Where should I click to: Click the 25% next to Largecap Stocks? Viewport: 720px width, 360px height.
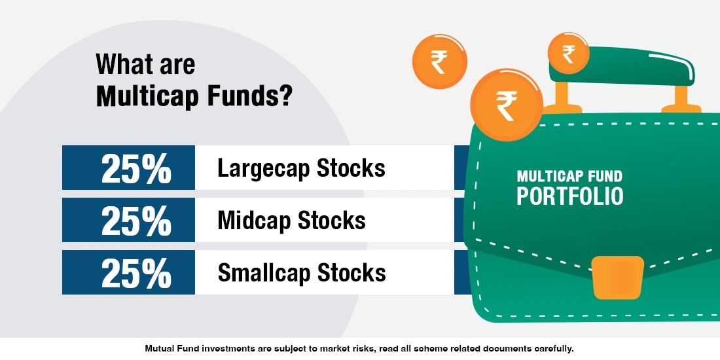[x=135, y=168]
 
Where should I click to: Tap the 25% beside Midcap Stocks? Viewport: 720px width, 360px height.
[x=135, y=221]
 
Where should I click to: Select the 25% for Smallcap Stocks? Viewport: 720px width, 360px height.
[x=135, y=272]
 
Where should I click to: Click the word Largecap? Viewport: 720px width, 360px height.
[x=264, y=168]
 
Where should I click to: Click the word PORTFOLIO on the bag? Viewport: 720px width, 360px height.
[x=569, y=196]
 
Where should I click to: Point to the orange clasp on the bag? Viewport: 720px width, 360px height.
[x=617, y=277]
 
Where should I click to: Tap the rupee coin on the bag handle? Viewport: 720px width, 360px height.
[x=567, y=54]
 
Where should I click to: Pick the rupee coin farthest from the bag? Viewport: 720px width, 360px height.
[x=439, y=63]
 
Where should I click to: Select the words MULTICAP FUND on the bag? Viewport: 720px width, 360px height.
[x=569, y=177]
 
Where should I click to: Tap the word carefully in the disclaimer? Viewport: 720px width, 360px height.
[x=552, y=348]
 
